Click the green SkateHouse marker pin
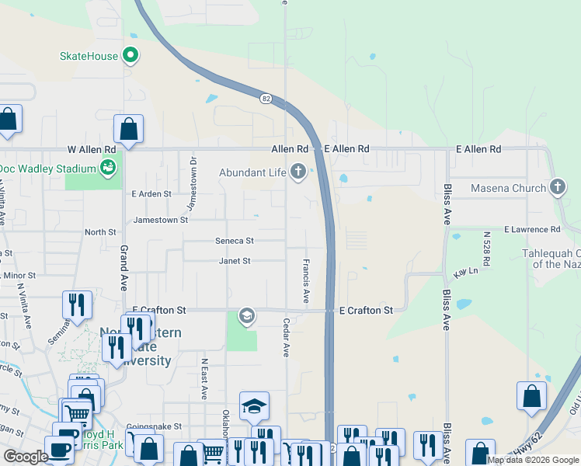click(130, 56)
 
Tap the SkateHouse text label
click(89, 56)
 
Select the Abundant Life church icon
click(298, 172)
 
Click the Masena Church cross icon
click(557, 187)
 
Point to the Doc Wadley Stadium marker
click(109, 168)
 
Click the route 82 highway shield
click(266, 98)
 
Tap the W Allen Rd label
click(92, 148)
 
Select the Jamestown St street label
click(161, 220)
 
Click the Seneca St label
click(235, 241)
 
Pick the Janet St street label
click(234, 261)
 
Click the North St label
click(100, 231)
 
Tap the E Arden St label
click(151, 193)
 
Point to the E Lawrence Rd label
click(531, 230)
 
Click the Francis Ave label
click(306, 281)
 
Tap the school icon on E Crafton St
click(247, 315)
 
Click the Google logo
click(26, 456)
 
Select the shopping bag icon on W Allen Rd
click(128, 129)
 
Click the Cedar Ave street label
click(287, 337)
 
